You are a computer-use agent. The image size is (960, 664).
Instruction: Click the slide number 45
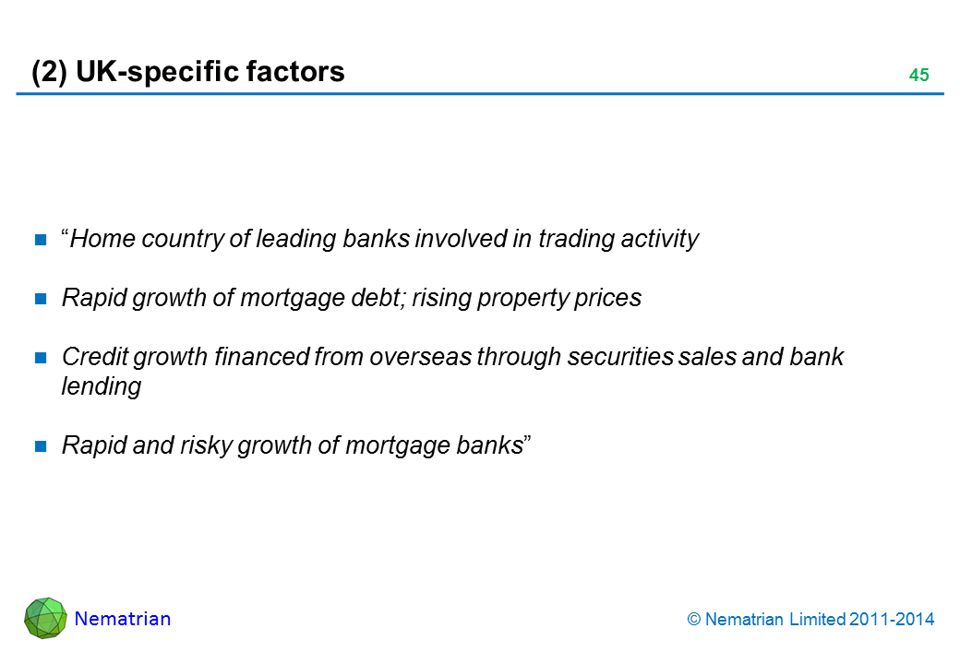click(918, 76)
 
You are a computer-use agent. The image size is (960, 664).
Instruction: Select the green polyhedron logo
click(45, 618)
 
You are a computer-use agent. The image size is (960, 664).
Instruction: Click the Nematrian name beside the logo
click(123, 619)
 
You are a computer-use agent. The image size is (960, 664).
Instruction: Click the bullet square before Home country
click(42, 241)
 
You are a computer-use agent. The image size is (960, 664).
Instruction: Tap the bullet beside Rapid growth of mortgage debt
click(42, 300)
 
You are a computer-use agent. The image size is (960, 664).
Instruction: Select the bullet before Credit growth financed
click(42, 359)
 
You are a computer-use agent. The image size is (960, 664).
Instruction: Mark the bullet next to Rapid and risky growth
click(42, 447)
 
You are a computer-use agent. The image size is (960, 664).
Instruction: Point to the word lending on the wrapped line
click(101, 387)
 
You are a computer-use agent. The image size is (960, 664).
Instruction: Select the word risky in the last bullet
click(202, 446)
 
